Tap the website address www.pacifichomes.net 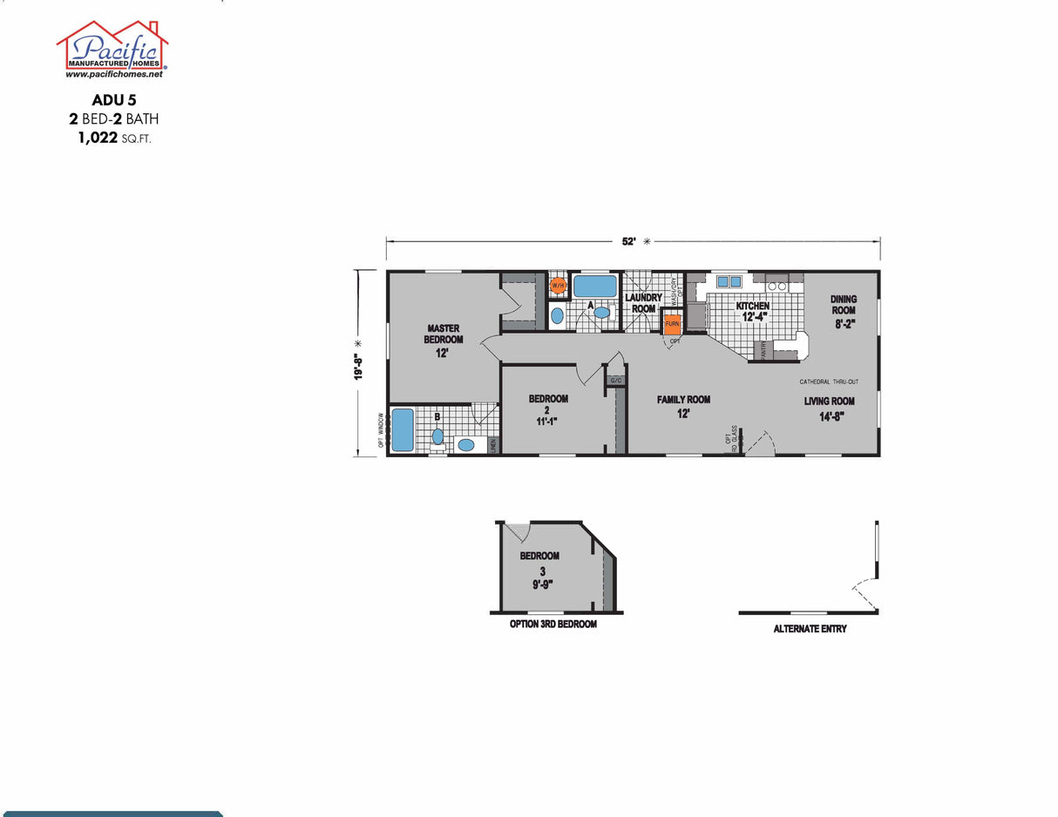[x=113, y=75]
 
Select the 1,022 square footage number [x=98, y=137]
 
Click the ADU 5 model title [x=113, y=100]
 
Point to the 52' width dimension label [x=629, y=242]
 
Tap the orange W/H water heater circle [x=558, y=285]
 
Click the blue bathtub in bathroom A [x=594, y=286]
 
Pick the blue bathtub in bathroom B [x=402, y=430]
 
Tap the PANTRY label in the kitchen [x=757, y=350]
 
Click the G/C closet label [x=615, y=381]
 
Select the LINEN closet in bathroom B [x=492, y=444]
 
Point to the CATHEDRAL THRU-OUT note [x=829, y=381]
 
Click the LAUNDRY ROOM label [x=643, y=303]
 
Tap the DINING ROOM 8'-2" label [x=843, y=310]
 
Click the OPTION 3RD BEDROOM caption [x=553, y=625]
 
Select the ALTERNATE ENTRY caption [x=810, y=629]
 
